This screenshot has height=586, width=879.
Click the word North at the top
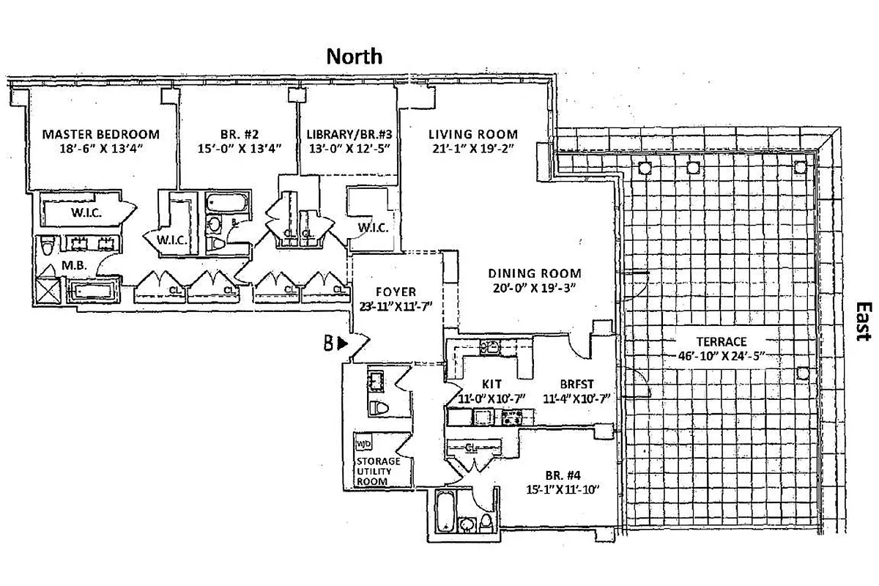tap(354, 56)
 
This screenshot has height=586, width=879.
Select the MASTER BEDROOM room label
tap(100, 135)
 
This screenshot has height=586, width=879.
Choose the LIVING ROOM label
tap(472, 135)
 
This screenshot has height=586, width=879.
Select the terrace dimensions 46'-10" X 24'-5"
tap(722, 358)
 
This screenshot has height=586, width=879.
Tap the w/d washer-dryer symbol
tap(363, 445)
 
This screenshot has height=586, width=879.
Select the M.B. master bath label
tap(75, 266)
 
